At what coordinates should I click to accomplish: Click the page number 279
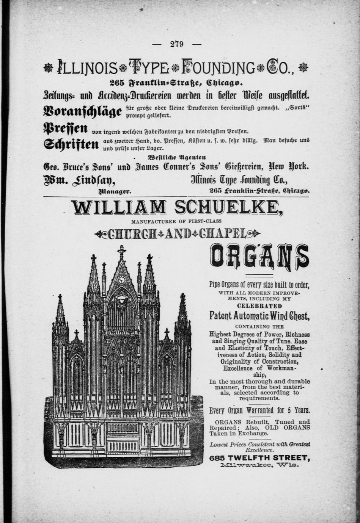coord(177,44)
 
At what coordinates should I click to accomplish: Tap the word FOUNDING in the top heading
coord(219,68)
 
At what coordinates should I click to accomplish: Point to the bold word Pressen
coord(66,128)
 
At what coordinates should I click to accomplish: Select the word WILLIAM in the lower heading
coord(118,208)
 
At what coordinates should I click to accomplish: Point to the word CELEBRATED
coord(259,306)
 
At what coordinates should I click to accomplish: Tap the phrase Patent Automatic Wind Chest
coord(259,315)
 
